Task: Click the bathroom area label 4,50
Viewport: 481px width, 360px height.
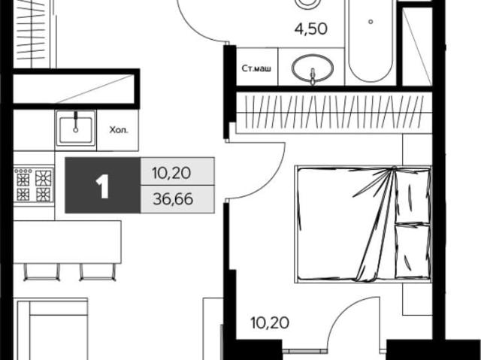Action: (310, 29)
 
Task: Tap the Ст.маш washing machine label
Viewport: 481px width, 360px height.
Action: (256, 68)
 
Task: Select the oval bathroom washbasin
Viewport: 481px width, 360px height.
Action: (313, 68)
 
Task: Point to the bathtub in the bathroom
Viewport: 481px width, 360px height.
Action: (371, 41)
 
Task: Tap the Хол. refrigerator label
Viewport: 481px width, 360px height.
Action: (119, 130)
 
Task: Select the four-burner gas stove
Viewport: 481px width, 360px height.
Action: (34, 185)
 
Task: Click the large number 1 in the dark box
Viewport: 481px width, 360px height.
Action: (102, 186)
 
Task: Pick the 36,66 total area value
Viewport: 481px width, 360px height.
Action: (173, 199)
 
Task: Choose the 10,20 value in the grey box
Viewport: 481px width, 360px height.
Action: (171, 174)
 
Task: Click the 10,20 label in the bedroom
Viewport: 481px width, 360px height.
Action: (270, 323)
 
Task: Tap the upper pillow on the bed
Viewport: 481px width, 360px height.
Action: (413, 196)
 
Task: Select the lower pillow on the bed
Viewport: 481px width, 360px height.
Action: (413, 252)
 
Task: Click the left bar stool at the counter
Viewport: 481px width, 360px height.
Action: (42, 271)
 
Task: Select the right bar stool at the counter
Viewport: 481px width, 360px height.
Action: (98, 271)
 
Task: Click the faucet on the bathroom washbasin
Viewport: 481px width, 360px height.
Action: (313, 76)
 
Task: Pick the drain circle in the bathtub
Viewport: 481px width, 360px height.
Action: (371, 22)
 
